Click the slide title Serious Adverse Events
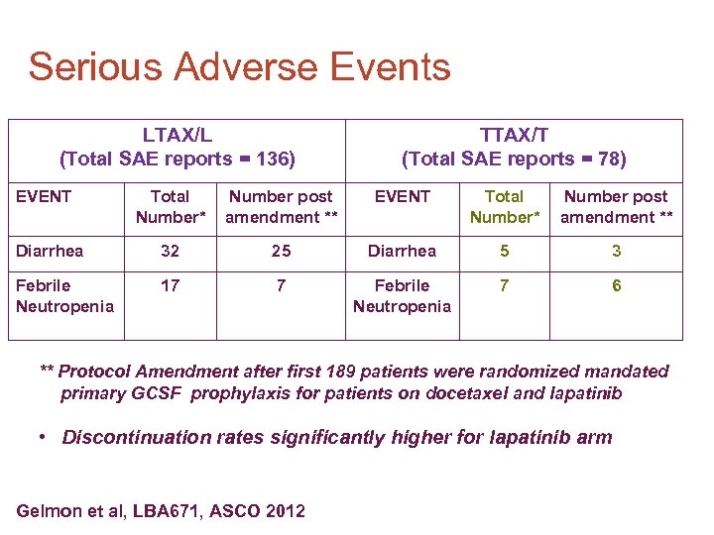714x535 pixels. [x=239, y=67]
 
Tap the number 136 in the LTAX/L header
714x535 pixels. [x=274, y=159]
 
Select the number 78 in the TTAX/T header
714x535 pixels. [x=606, y=159]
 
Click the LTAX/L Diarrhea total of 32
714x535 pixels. [x=170, y=252]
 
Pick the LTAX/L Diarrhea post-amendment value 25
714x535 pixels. [x=281, y=252]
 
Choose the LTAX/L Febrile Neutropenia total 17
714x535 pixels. [x=170, y=286]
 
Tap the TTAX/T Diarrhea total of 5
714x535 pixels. [x=505, y=252]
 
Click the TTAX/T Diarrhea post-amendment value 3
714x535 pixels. [x=616, y=252]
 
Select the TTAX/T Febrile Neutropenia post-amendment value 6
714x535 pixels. [x=616, y=286]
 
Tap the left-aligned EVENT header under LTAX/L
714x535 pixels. [x=44, y=196]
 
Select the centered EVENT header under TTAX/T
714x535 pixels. [x=402, y=196]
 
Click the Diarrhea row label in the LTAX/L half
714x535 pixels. [x=50, y=252]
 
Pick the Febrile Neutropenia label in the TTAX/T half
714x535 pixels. [x=402, y=295]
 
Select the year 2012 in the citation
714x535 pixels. [x=285, y=511]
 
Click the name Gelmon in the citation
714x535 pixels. [x=48, y=511]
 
